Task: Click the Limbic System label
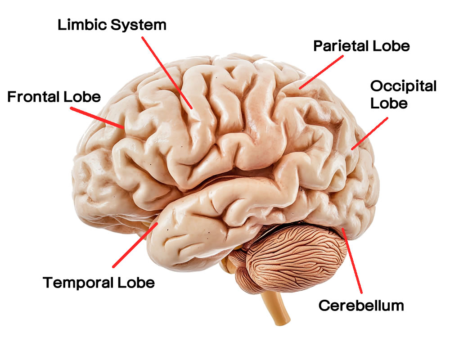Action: (112, 25)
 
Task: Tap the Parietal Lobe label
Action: (361, 46)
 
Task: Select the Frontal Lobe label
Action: (54, 97)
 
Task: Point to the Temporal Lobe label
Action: (99, 283)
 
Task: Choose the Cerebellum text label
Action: (361, 306)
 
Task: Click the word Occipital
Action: (403, 86)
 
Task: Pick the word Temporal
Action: (78, 283)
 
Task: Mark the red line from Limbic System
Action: (167, 72)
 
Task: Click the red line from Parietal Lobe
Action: (322, 71)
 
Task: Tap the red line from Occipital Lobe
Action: (370, 133)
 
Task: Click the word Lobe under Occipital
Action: (389, 103)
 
